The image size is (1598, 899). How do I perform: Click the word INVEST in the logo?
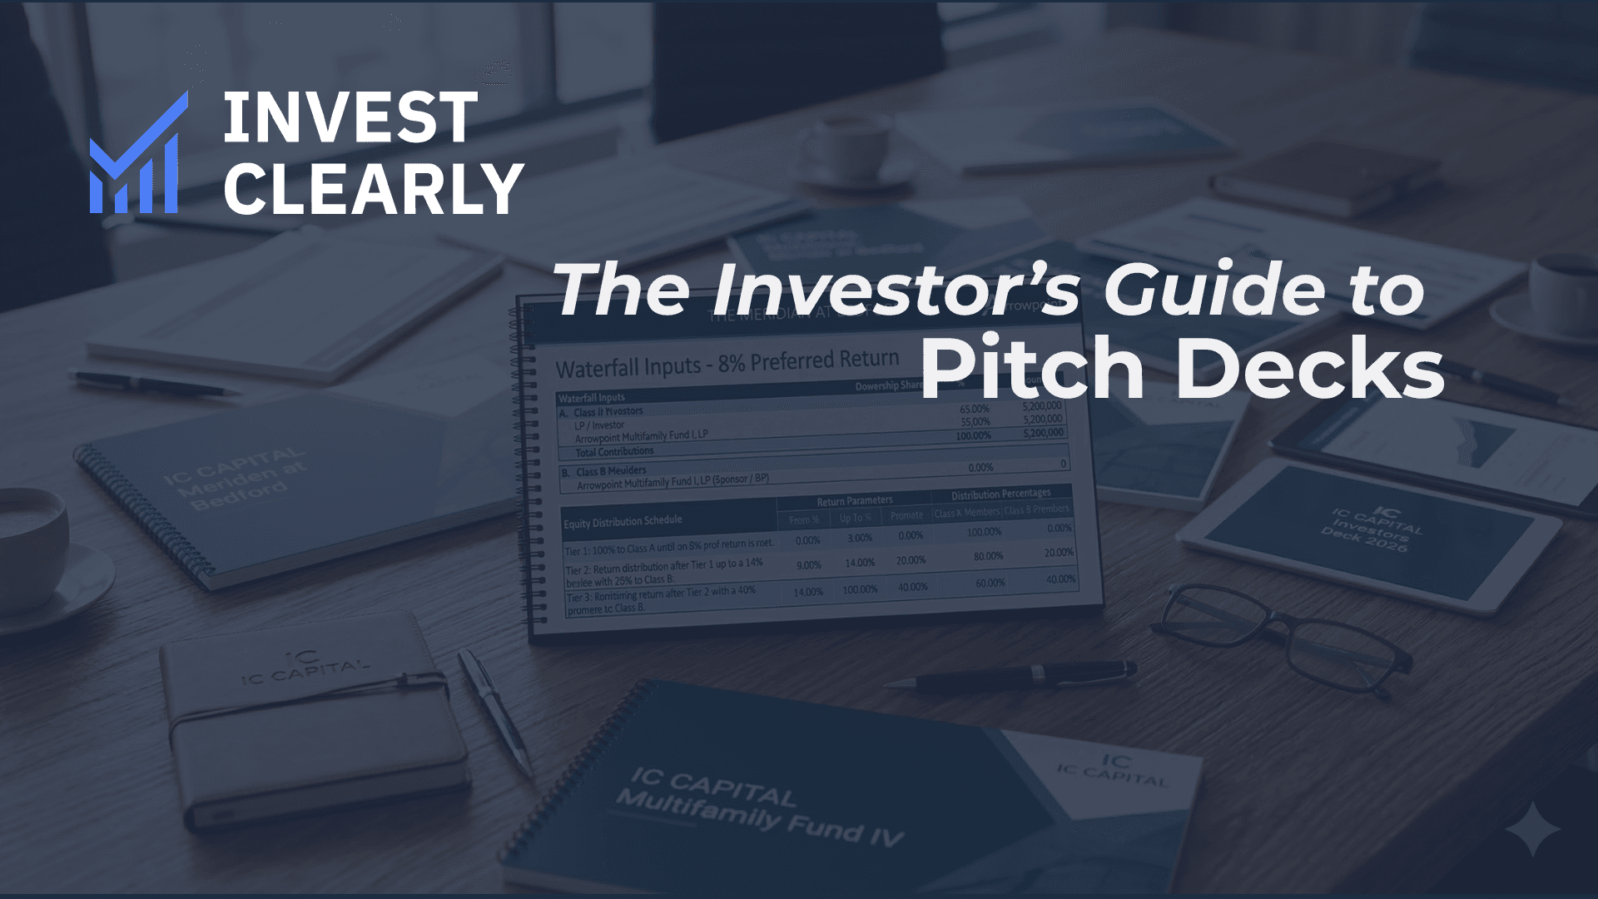pos(350,118)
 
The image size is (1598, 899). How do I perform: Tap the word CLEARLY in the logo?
pos(373,189)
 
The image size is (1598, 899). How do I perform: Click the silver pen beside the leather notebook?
pos(494,712)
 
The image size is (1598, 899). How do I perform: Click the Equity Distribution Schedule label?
pos(623,522)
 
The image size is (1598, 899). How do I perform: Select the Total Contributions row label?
pos(614,452)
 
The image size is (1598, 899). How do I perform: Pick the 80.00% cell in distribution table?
pos(988,556)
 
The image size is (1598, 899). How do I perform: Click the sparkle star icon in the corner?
pos(1533,829)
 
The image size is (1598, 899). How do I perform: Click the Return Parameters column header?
pos(854,501)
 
